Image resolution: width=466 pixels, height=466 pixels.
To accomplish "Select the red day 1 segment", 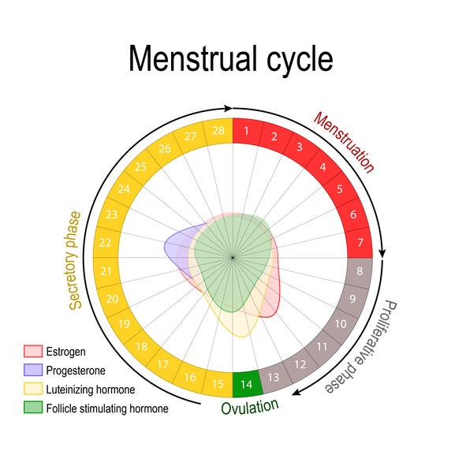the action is [x=247, y=132].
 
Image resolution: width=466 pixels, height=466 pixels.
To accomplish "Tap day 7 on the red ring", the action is [x=360, y=243].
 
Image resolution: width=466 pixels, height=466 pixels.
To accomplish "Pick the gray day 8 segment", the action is [x=360, y=271].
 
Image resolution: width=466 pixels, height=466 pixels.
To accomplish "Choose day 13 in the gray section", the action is [x=274, y=378].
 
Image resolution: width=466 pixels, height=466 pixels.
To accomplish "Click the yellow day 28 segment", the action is [x=218, y=132].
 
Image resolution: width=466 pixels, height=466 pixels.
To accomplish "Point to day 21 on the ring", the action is [x=106, y=271].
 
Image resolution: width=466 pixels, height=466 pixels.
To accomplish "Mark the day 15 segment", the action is [x=218, y=384].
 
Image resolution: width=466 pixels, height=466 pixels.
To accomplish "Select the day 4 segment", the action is [x=323, y=167].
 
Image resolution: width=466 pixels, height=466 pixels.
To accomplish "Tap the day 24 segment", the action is [x=125, y=189].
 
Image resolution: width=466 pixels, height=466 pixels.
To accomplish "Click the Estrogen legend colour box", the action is [x=33, y=352].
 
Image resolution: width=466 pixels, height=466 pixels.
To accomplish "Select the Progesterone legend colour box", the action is [x=33, y=370].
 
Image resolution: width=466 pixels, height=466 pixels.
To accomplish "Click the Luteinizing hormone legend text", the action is [x=91, y=390].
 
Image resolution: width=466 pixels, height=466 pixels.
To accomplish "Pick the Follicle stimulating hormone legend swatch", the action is [x=33, y=408].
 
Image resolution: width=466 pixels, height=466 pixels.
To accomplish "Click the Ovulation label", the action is [x=250, y=407].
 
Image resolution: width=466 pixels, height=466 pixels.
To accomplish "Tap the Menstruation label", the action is [x=344, y=142].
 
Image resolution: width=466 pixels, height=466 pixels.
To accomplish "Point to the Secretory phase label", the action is [x=75, y=261].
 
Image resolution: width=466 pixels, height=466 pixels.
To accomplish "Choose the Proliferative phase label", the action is [x=362, y=347].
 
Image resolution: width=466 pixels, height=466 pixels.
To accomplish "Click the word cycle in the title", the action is [x=300, y=59].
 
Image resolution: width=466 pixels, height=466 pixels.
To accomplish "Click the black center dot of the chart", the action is [x=233, y=258].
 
